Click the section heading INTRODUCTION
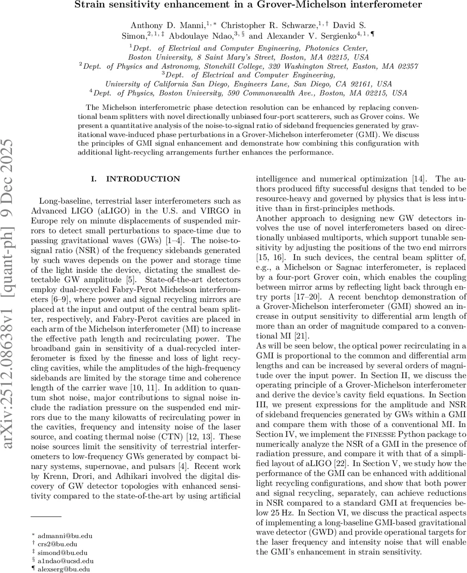[137, 179]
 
